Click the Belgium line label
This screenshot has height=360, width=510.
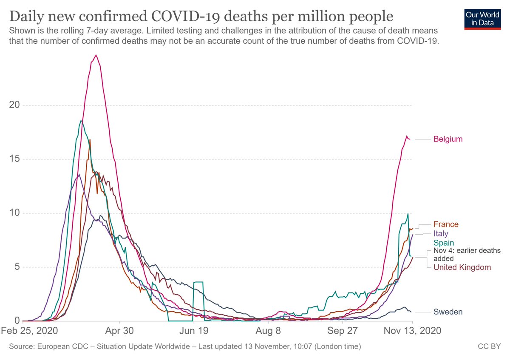point(448,139)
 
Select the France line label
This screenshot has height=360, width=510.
point(446,224)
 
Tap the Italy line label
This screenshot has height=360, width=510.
point(441,233)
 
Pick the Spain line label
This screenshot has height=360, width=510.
point(444,243)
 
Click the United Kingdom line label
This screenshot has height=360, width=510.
point(462,267)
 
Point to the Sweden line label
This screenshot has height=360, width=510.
point(448,312)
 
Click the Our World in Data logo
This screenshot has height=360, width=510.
point(482,18)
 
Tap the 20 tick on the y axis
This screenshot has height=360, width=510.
point(15,105)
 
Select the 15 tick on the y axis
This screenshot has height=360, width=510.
point(15,159)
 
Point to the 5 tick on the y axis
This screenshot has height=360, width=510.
point(17,267)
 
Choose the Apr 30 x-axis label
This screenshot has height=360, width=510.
point(119,331)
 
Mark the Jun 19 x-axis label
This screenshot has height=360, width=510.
point(193,331)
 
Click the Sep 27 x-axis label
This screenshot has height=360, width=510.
point(342,331)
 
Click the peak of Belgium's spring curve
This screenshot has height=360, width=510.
point(96,55)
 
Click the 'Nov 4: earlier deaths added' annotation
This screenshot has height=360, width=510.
point(467,254)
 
